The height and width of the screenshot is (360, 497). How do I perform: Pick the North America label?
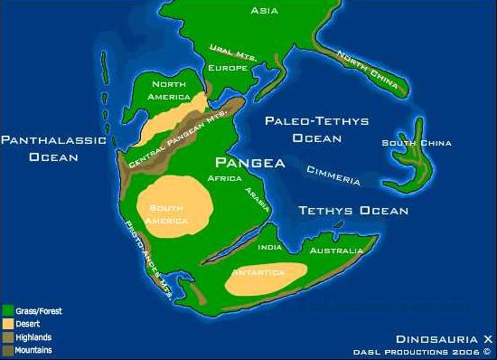coord(170,90)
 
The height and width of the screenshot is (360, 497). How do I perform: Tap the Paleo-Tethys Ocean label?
coord(304,129)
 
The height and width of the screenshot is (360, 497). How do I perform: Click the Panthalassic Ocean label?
coord(53,148)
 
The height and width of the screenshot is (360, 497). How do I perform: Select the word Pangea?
coord(249,164)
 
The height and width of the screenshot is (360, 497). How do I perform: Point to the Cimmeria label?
coord(333,175)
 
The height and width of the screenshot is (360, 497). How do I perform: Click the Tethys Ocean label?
coord(353,211)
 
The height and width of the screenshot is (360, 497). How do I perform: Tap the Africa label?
coord(226,179)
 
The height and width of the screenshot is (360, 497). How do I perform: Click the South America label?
coord(169,213)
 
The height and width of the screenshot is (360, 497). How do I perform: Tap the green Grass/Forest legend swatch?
coord(7,309)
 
